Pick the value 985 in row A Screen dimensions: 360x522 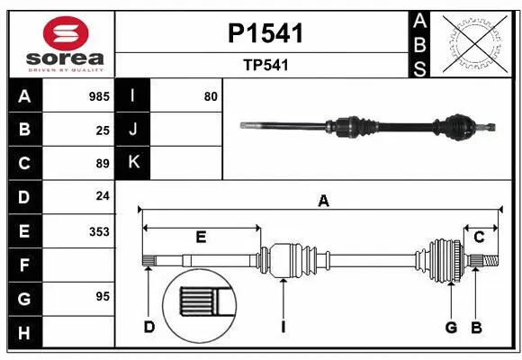pyautogui.click(x=99, y=96)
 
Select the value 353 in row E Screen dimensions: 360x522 pyautogui.click(x=99, y=231)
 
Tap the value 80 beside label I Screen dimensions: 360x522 pyautogui.click(x=211, y=96)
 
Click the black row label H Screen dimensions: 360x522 pyautogui.click(x=24, y=334)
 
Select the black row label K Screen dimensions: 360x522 pyautogui.click(x=133, y=163)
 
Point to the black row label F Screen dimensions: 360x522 pyautogui.click(x=24, y=265)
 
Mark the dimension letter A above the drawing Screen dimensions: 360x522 pyautogui.click(x=323, y=202)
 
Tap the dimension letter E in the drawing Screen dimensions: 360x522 pyautogui.click(x=201, y=237)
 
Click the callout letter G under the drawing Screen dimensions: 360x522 pyautogui.click(x=451, y=327)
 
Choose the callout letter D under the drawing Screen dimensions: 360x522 pyautogui.click(x=149, y=327)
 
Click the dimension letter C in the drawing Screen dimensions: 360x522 pyautogui.click(x=480, y=237)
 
